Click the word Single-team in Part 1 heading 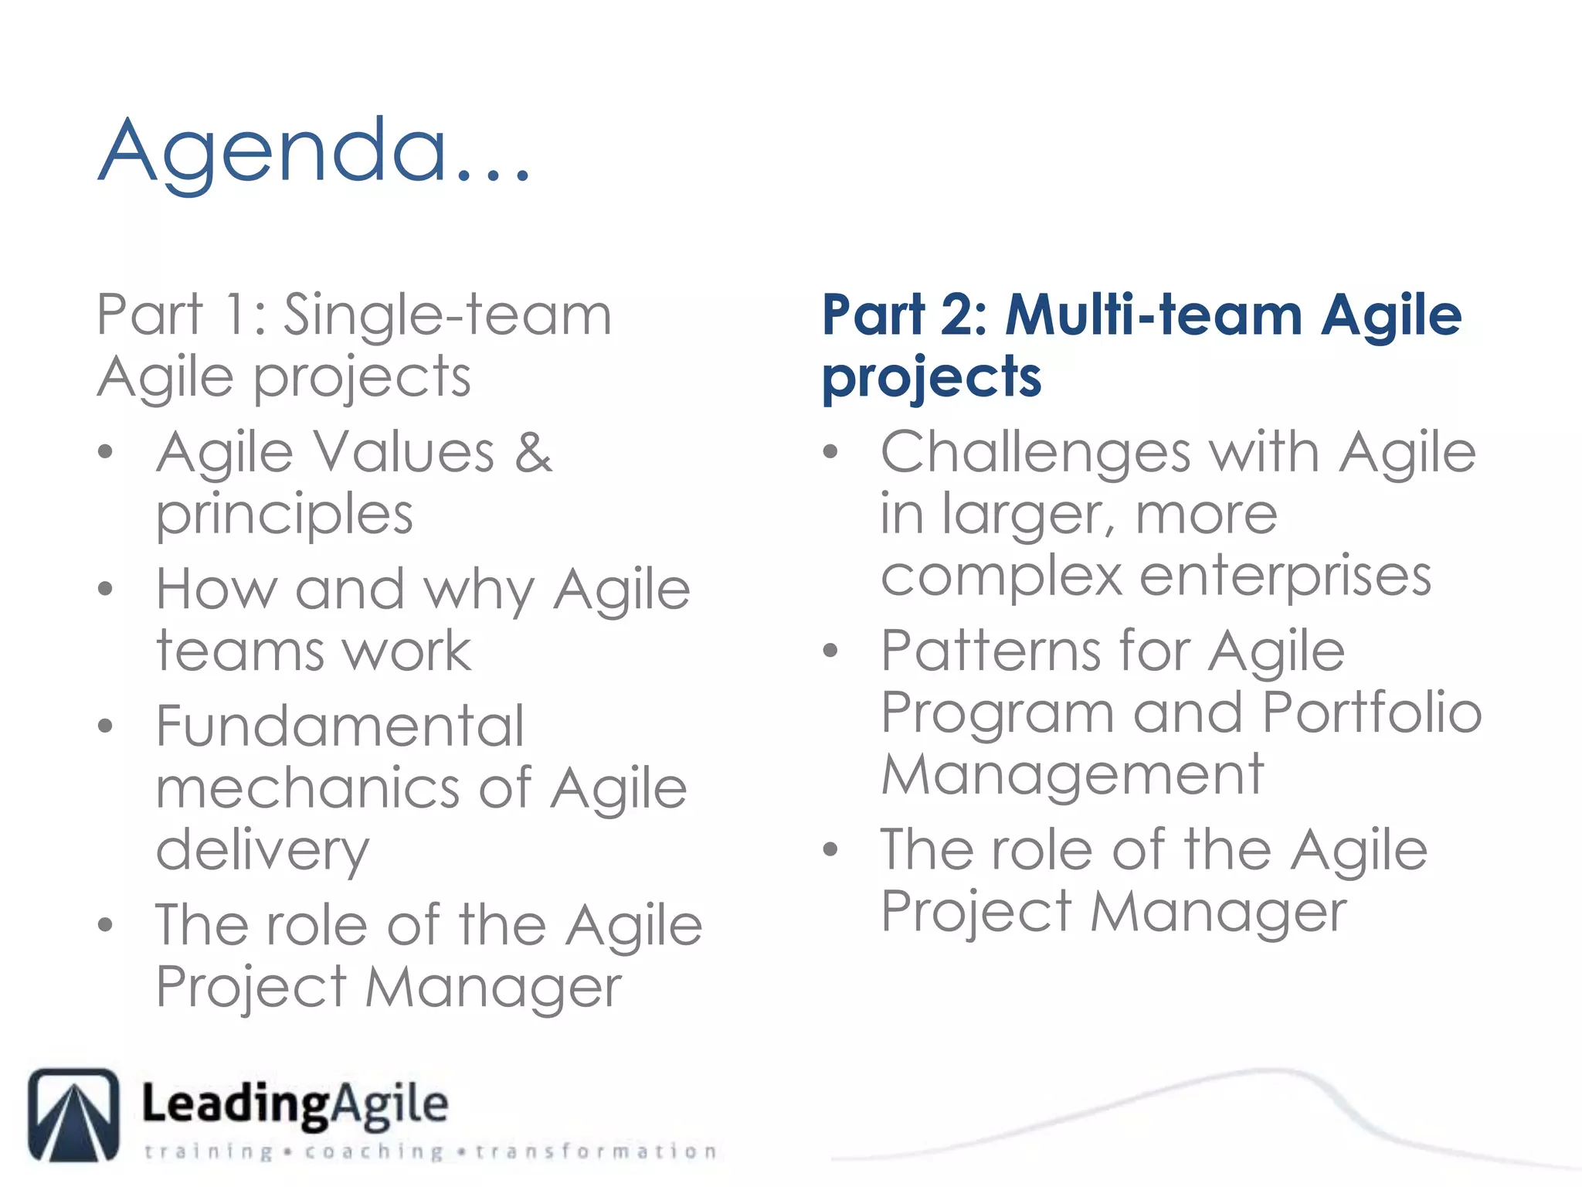point(447,315)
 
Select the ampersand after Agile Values point(534,452)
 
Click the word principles point(284,515)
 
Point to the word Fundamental point(340,726)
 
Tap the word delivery point(263,850)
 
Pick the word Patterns point(990,651)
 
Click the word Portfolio point(1372,713)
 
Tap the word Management point(1072,774)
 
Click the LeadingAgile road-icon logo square point(74,1114)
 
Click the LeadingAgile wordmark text point(294,1104)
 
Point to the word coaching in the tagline point(374,1151)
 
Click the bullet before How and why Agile point(106,590)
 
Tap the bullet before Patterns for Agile point(830,651)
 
